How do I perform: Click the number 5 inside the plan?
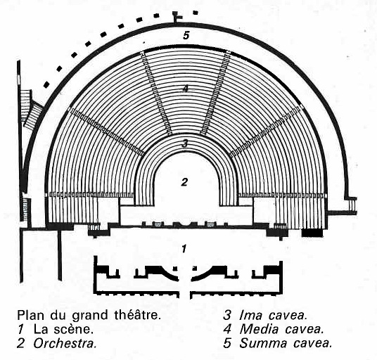pyautogui.click(x=186, y=35)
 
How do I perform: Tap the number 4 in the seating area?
pyautogui.click(x=185, y=89)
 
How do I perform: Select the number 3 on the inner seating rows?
pyautogui.click(x=185, y=143)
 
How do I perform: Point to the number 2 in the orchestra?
pyautogui.click(x=184, y=182)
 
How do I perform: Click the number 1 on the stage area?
pyautogui.click(x=184, y=249)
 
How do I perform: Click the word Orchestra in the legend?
pyautogui.click(x=65, y=343)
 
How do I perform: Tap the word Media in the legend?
pyautogui.click(x=260, y=329)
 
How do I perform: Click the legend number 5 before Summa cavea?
pyautogui.click(x=227, y=343)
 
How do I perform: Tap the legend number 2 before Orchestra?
pyautogui.click(x=21, y=343)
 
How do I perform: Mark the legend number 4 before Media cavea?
pyautogui.click(x=227, y=329)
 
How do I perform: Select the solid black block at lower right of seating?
pyautogui.click(x=312, y=233)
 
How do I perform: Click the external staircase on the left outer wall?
pyautogui.click(x=30, y=108)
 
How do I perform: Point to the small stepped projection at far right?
pyautogui.click(x=352, y=205)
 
